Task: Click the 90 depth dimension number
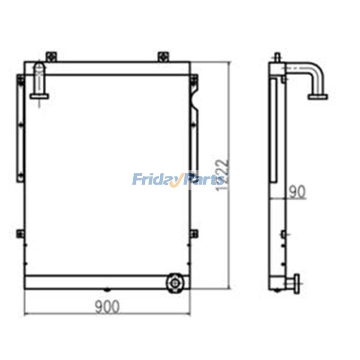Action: [x=297, y=192]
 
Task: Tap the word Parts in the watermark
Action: [x=205, y=180]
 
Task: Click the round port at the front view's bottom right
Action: [x=175, y=283]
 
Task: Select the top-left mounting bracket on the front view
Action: [x=51, y=57]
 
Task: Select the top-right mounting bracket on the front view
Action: [x=163, y=57]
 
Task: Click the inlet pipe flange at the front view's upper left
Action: [x=40, y=95]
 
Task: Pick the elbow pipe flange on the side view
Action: [x=318, y=96]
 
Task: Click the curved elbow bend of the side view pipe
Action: [x=318, y=72]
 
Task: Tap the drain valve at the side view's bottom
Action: [x=296, y=283]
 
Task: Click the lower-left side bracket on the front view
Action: [x=20, y=233]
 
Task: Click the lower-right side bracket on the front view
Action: [x=193, y=233]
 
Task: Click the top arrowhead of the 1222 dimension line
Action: [x=229, y=64]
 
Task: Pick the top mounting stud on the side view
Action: [x=278, y=57]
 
